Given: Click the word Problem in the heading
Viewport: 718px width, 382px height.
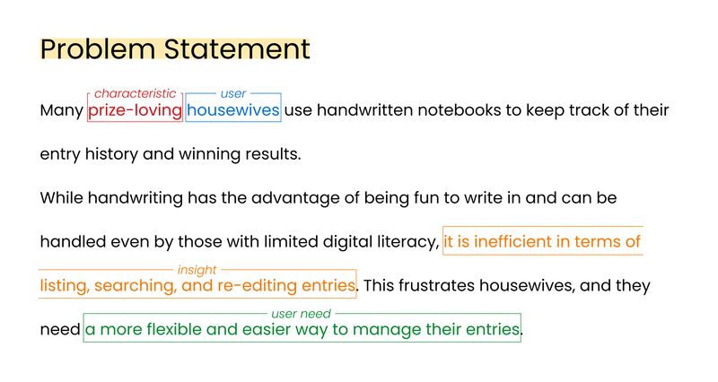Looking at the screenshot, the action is tap(98, 49).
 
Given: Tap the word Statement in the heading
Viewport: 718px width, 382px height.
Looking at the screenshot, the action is tap(237, 48).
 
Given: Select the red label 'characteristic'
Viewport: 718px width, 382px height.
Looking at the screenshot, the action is tap(136, 93).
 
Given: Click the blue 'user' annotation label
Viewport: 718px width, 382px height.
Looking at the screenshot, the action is tap(233, 93).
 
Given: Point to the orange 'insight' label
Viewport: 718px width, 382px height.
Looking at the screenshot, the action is tap(197, 271).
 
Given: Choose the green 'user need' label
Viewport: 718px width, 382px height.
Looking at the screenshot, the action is tap(301, 313).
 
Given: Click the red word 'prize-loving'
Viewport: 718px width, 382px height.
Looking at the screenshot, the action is tap(136, 110).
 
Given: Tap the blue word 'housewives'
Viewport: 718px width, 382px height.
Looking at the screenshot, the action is tap(233, 110).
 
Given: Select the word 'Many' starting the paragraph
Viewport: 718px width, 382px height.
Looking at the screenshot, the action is tap(61, 110).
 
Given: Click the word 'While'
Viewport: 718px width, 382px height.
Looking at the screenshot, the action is tap(62, 197).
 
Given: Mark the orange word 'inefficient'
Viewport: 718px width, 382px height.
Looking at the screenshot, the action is tap(512, 241).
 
